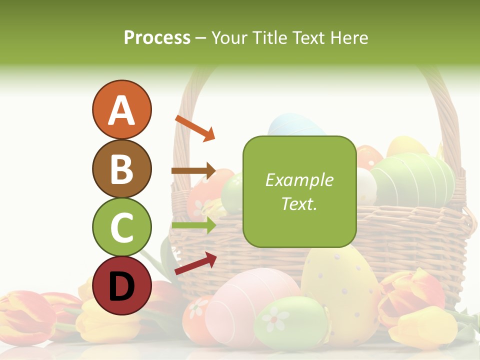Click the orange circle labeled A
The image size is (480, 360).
(x=121, y=109)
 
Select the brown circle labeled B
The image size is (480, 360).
(x=121, y=168)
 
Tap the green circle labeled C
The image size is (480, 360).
(x=121, y=227)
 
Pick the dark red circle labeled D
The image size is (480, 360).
(x=121, y=285)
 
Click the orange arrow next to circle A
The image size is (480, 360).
(x=195, y=128)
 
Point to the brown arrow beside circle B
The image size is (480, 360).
(x=193, y=170)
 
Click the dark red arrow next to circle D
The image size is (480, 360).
(x=195, y=263)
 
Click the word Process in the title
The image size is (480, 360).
(x=157, y=37)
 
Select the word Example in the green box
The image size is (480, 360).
(x=299, y=180)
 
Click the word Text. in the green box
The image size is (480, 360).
(x=299, y=203)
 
